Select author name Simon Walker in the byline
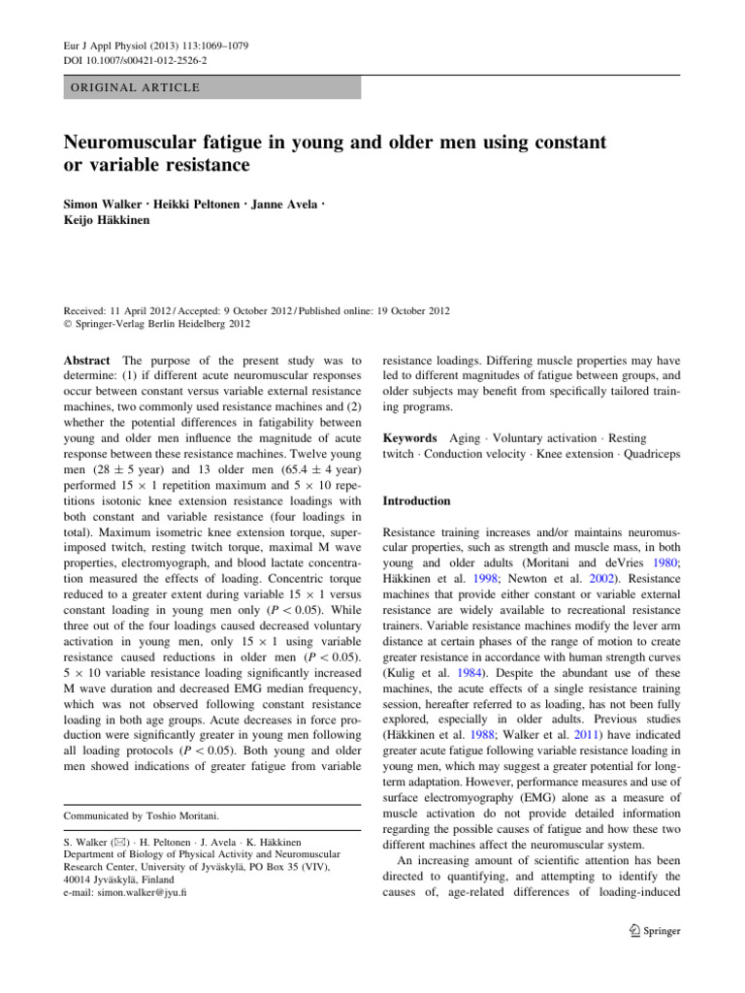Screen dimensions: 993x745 pos(99,208)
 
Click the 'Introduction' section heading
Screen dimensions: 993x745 pos(417,501)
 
